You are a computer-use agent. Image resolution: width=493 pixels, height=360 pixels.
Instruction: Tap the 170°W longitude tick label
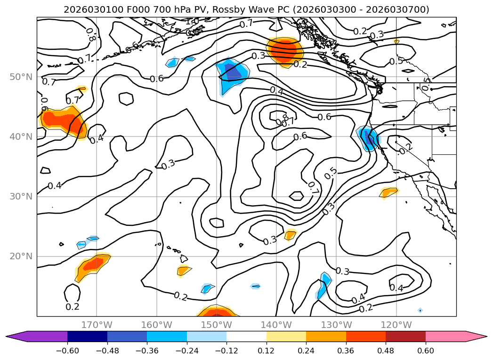97,325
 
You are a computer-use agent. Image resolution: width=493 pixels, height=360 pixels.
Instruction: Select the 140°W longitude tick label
276,325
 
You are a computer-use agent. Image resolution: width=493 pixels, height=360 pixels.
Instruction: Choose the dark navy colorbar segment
87,336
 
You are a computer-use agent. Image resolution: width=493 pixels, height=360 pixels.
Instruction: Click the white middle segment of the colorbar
246,336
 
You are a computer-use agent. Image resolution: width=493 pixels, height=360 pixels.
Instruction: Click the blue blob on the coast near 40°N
368,138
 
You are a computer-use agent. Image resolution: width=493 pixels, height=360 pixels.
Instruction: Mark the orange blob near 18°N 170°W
92,265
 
